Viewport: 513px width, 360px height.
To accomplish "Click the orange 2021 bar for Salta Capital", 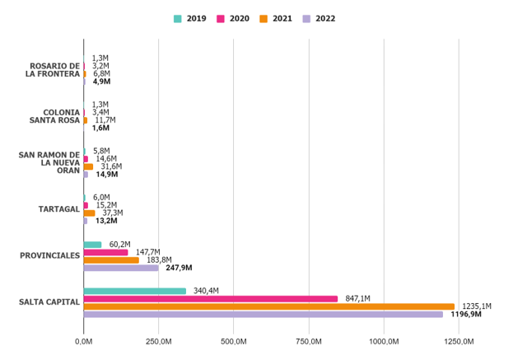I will click(x=268, y=306).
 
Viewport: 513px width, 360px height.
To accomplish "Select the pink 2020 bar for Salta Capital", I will click(x=210, y=298).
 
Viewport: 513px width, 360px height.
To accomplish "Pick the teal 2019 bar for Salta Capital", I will click(x=134, y=291).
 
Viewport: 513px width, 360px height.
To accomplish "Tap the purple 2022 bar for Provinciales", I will click(x=120, y=268).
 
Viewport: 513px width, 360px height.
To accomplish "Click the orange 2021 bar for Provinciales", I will click(x=111, y=260).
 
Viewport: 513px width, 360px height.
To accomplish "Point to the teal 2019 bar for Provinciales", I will click(x=92, y=245).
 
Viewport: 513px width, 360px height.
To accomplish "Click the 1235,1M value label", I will click(x=477, y=306).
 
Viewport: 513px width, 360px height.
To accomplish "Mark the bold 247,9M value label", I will click(x=179, y=268).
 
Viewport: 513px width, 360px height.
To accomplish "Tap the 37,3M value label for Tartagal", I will click(x=112, y=213).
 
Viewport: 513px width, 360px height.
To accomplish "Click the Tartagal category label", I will click(x=59, y=209).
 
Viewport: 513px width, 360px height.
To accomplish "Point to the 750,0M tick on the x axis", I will click(x=309, y=341).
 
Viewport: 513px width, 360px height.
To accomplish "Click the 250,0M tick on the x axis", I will click(x=158, y=341).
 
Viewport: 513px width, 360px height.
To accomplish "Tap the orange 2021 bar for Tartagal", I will click(x=89, y=213).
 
